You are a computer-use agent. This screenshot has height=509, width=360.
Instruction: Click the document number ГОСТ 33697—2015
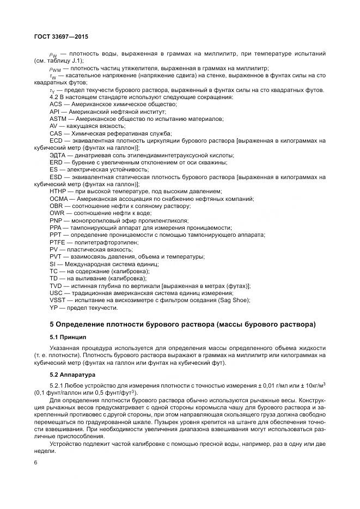click(x=61, y=36)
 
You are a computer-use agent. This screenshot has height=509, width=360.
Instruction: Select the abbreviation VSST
click(x=58, y=300)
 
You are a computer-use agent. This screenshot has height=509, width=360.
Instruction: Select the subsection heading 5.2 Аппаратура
click(x=72, y=375)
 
